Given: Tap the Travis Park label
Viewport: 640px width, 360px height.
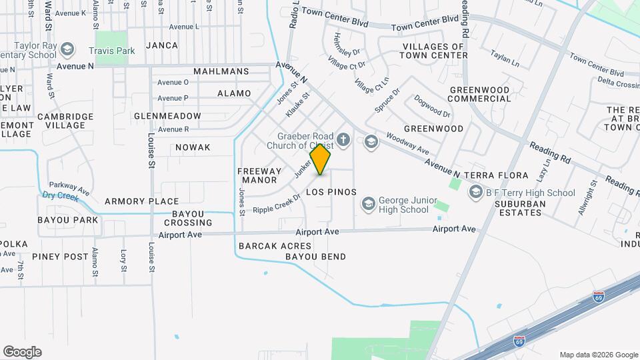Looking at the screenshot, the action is point(112,51).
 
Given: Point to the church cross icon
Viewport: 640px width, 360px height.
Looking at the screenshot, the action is point(343,140).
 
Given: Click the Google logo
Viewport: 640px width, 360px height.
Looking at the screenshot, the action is point(22,352).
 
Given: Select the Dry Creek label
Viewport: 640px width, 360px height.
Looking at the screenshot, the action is point(57,195).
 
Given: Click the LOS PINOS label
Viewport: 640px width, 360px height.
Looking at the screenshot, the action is point(331,192).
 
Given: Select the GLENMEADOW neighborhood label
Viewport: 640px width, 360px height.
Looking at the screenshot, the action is point(167,116).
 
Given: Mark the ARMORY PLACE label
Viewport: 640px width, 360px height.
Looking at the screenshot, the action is point(141,201).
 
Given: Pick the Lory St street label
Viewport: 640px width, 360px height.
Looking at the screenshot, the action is point(123,261).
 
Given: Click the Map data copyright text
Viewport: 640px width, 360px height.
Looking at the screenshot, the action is point(598,355).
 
